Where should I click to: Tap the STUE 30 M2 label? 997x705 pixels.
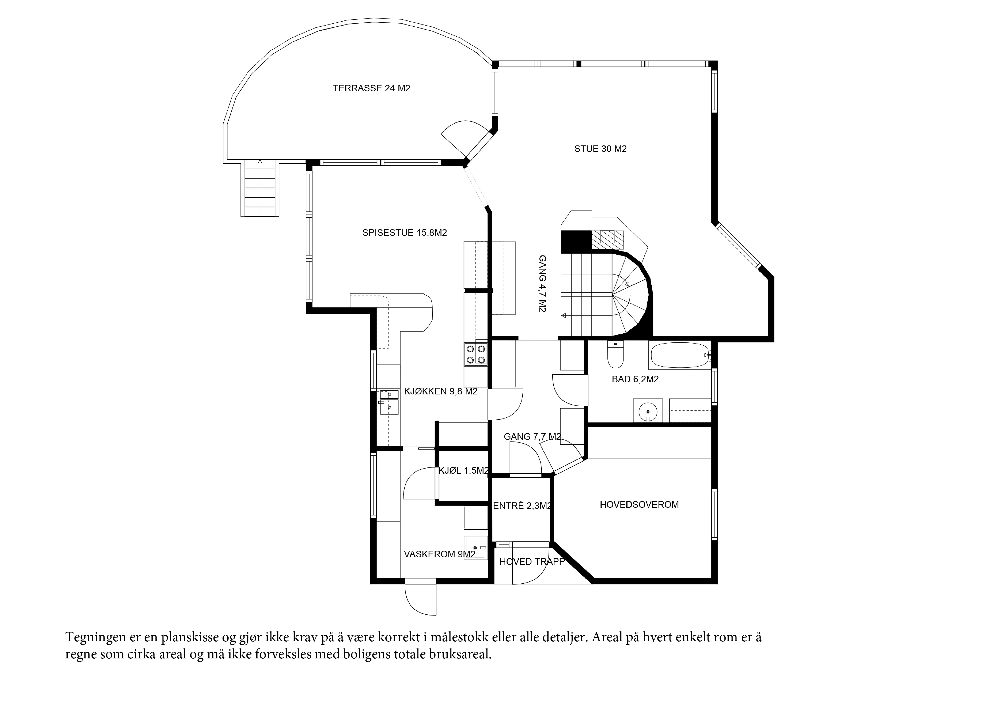[600, 149]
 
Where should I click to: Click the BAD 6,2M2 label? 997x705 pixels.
[635, 379]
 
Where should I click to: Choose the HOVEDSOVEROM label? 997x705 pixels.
[639, 504]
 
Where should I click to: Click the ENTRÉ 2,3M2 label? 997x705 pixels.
[522, 506]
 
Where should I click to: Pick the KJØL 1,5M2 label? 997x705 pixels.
[463, 471]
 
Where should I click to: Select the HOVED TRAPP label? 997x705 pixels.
[532, 562]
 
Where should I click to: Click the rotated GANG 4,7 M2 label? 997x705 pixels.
[542, 284]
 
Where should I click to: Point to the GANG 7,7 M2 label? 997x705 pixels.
[532, 437]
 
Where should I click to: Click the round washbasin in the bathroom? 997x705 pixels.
[647, 410]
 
